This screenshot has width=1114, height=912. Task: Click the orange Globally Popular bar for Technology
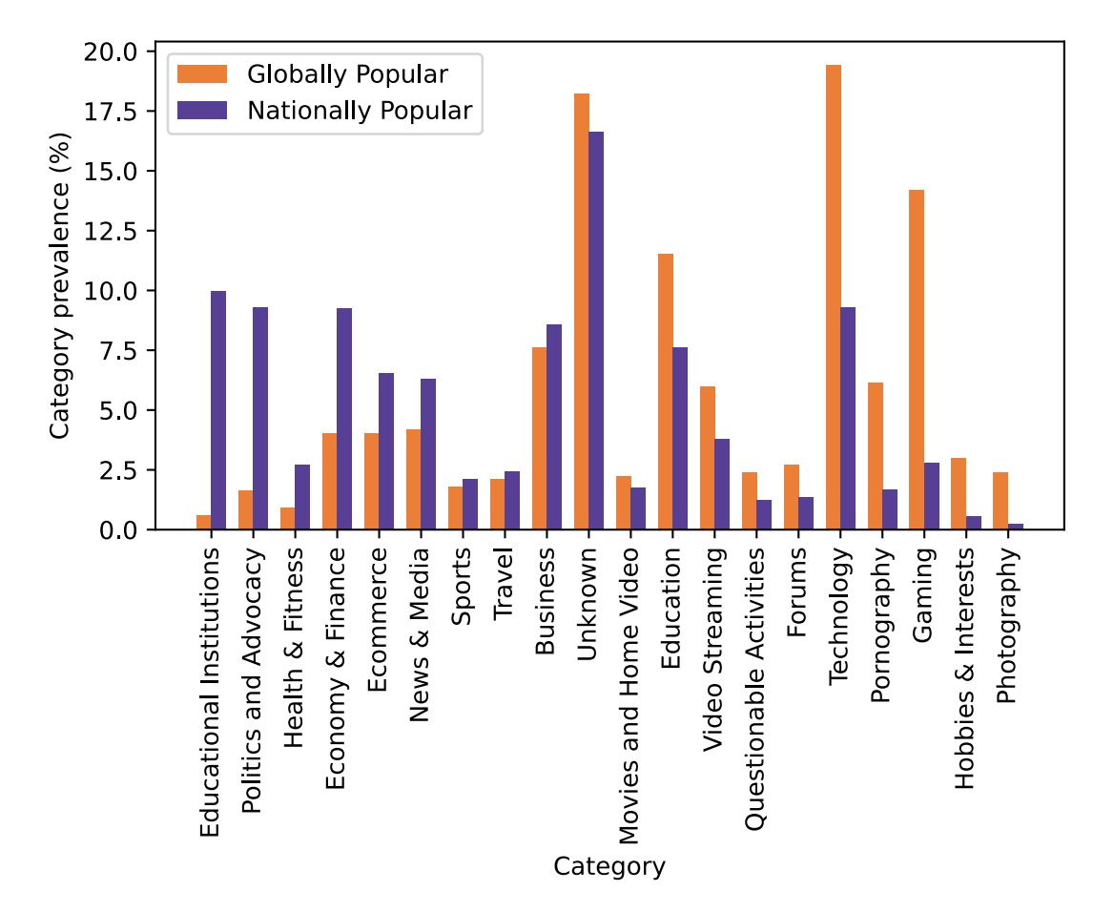[x=834, y=297]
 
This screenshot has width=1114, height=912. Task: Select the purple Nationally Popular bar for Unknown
[x=596, y=330]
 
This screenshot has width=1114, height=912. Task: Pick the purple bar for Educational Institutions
[x=218, y=410]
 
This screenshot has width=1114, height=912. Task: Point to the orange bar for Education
[x=665, y=391]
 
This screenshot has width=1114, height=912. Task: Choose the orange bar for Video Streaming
[x=707, y=458]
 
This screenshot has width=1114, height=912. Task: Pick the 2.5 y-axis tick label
[x=118, y=470]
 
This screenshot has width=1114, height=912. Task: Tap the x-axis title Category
[x=609, y=867]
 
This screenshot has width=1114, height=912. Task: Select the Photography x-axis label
[x=1007, y=625]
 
